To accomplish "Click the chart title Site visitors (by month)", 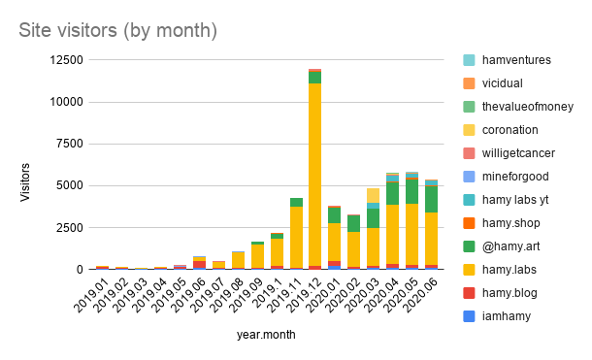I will coord(117,31).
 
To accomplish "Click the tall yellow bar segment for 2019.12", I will coord(315,175).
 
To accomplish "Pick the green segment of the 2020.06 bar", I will coord(431,199).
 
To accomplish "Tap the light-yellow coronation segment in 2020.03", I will coord(373,195).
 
